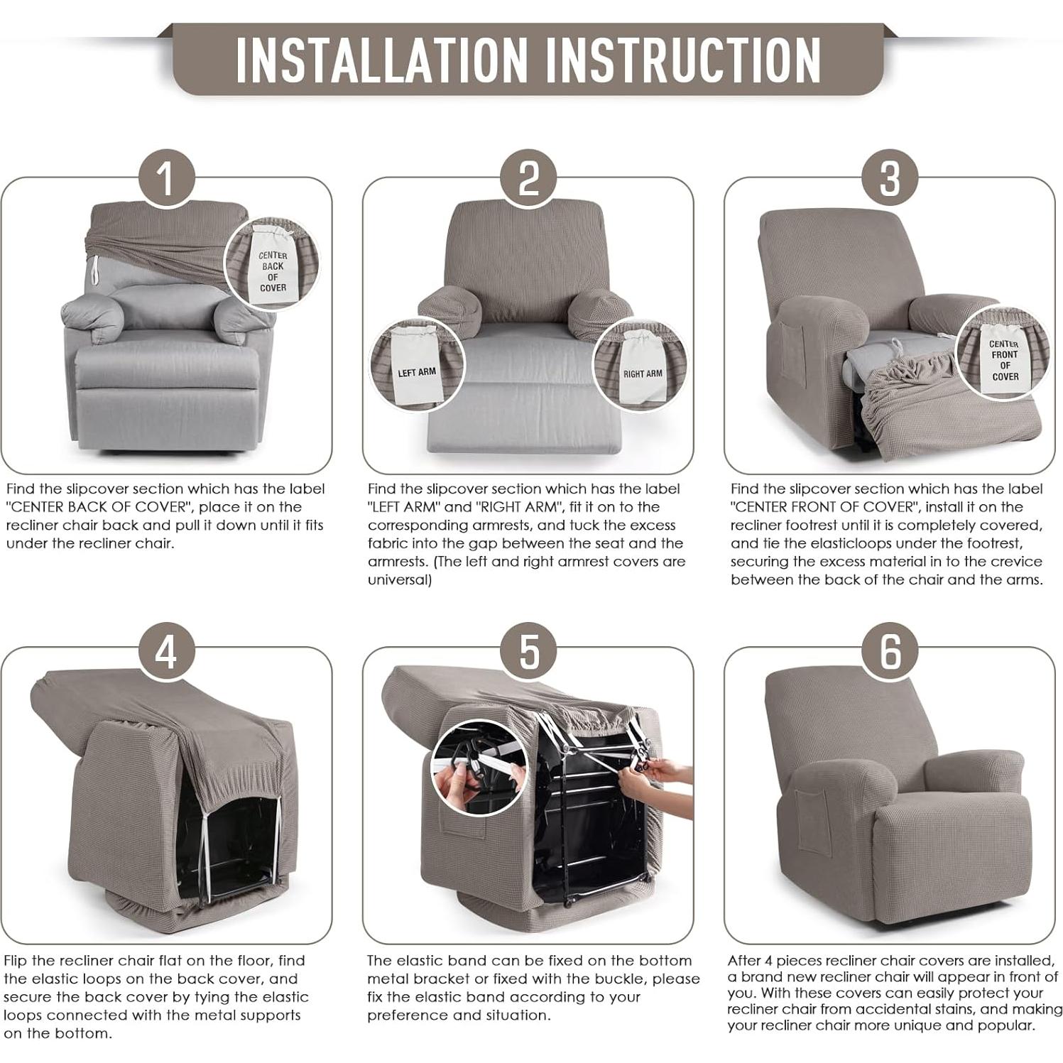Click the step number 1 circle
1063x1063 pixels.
pos(166,178)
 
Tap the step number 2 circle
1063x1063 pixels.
pos(529,178)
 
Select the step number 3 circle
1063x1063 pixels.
pos(890,178)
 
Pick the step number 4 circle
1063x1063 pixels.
pos(166,650)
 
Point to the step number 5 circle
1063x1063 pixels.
pos(529,650)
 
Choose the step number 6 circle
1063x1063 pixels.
pos(890,650)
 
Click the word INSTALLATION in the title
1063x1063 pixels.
pos(382,59)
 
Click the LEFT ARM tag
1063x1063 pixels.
pos(416,369)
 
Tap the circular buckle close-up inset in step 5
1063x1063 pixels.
pos(479,771)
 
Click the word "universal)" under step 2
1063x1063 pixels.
pos(400,579)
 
